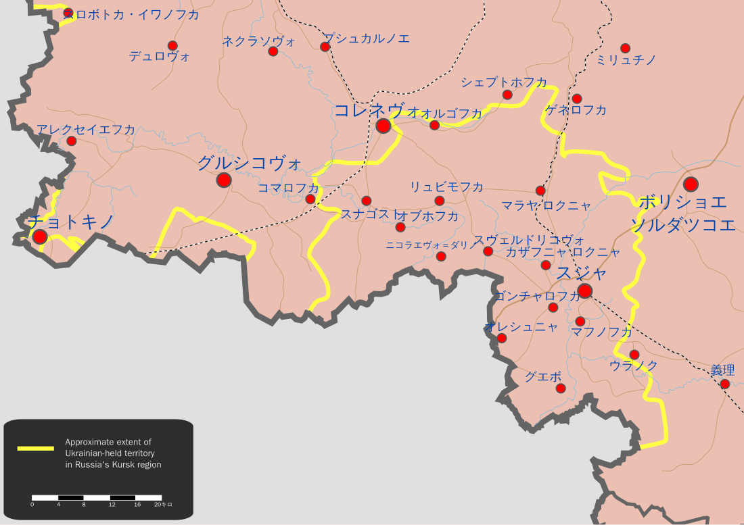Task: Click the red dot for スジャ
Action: click(x=585, y=291)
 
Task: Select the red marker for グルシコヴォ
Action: click(x=224, y=180)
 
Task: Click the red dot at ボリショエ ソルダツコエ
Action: click(x=691, y=184)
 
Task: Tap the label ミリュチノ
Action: click(x=626, y=61)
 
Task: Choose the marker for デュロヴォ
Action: click(x=172, y=45)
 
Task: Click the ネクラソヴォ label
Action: click(x=259, y=41)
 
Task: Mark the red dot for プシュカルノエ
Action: click(x=325, y=47)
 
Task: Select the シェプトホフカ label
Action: click(x=504, y=82)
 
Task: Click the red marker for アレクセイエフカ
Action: click(x=71, y=141)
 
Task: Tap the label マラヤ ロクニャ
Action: click(x=546, y=205)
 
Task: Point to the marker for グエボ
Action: click(x=560, y=388)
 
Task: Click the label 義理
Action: click(x=722, y=370)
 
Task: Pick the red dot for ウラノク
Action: click(x=634, y=354)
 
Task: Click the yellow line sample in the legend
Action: click(x=35, y=448)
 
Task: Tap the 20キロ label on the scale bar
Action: click(x=163, y=504)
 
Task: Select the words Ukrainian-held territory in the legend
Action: click(x=113, y=453)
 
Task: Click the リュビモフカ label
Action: click(x=446, y=186)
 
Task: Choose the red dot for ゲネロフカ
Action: click(x=577, y=99)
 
